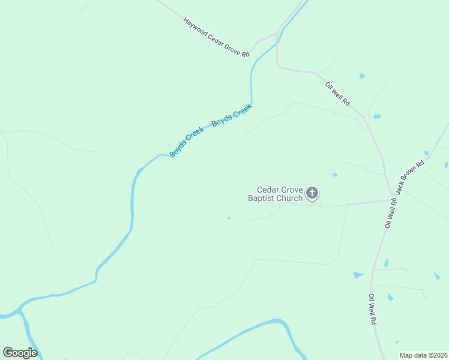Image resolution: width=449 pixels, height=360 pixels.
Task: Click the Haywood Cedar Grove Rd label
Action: [216, 38]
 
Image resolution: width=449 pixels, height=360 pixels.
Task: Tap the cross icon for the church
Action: [312, 193]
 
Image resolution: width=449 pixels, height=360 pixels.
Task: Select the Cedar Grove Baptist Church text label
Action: [276, 193]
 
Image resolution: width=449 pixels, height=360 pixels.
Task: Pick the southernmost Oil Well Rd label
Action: [372, 310]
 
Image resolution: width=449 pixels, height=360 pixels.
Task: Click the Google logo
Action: [20, 353]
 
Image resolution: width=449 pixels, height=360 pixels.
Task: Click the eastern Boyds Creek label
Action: [231, 114]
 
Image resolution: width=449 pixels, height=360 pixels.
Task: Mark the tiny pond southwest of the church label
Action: [229, 218]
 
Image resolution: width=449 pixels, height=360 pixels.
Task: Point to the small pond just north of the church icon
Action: [335, 175]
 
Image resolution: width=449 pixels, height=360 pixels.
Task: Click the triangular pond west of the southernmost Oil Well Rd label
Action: [358, 275]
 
